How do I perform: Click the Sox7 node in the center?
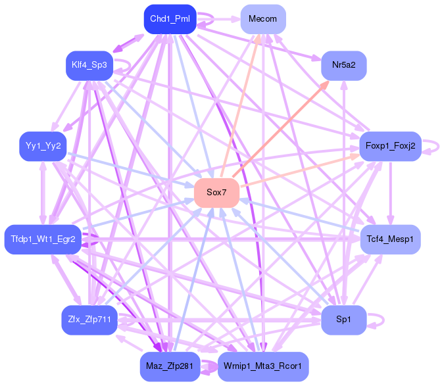coord(216,193)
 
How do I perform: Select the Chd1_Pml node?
coord(170,19)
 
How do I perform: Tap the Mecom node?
coord(263,19)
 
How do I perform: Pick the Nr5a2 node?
coord(343,66)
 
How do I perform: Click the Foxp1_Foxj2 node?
coord(391,146)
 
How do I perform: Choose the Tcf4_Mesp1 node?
coord(391,239)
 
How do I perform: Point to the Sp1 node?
coord(343,320)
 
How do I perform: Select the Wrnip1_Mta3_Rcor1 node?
coord(263,366)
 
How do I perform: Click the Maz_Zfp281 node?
coord(170,366)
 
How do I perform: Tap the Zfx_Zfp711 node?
coord(89,320)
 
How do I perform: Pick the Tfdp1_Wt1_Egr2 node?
coord(43,239)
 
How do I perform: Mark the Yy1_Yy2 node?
coord(43,146)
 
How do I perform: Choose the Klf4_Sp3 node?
coord(89,66)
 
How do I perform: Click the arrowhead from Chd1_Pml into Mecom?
coord(235,19)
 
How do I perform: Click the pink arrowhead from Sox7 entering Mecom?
coord(258,39)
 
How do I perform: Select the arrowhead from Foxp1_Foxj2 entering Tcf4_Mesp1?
coord(391,220)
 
